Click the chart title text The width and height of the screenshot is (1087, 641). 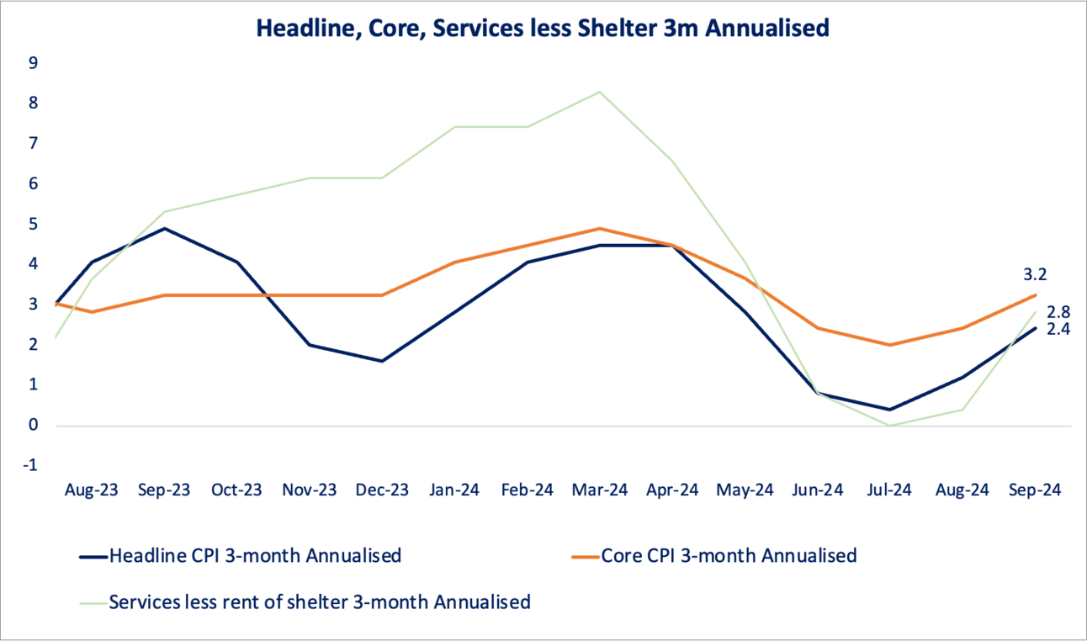(543, 29)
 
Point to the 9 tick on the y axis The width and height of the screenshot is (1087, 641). (33, 62)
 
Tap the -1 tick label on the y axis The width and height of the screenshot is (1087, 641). (31, 465)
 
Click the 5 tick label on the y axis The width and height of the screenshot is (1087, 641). (33, 224)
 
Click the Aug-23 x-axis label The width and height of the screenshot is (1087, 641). (92, 490)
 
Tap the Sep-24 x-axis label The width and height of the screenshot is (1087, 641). (1035, 490)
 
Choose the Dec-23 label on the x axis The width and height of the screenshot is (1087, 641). (381, 490)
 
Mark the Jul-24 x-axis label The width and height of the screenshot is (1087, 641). (889, 490)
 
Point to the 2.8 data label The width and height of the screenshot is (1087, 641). (1058, 312)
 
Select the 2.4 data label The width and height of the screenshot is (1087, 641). (1058, 330)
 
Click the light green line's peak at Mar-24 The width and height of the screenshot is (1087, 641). (599, 92)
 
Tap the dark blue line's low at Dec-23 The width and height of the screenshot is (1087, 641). (382, 361)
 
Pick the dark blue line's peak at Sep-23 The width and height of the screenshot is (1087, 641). (165, 228)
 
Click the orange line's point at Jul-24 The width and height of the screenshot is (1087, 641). (890, 345)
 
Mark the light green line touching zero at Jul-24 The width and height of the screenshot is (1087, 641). (890, 426)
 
